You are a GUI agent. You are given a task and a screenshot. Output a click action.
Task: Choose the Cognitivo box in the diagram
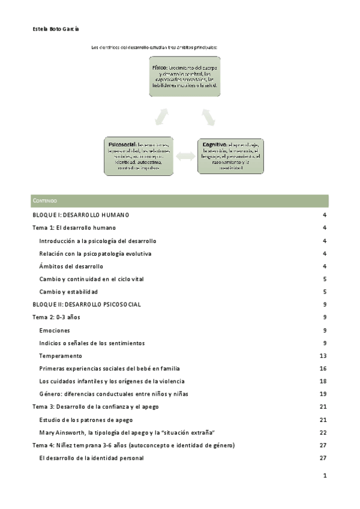click(230, 156)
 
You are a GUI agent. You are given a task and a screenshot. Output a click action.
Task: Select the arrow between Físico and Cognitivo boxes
click(208, 115)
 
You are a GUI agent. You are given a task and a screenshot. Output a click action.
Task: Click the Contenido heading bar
click(179, 201)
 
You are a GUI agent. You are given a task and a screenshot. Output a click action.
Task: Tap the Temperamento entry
click(61, 356)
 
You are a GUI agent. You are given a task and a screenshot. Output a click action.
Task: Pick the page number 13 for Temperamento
click(323, 356)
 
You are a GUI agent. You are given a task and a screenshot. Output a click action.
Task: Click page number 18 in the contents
click(323, 381)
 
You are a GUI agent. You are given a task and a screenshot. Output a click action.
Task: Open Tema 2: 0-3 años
click(58, 318)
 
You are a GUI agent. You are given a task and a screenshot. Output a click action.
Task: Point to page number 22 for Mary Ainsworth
click(323, 433)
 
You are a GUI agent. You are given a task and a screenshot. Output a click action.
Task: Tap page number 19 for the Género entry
click(323, 394)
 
